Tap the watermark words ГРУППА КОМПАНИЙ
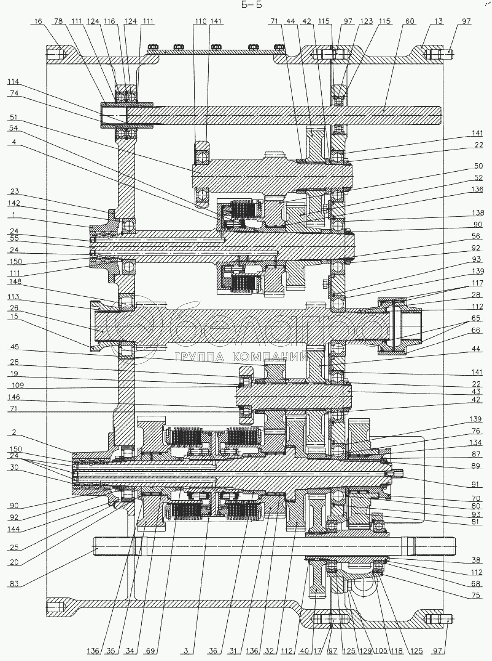pyautogui.click(x=241, y=357)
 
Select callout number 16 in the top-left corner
pyautogui.click(x=38, y=21)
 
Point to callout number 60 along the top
pyautogui.click(x=409, y=21)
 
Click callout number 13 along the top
pyautogui.click(x=438, y=21)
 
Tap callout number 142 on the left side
pyautogui.click(x=14, y=203)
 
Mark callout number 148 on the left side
pyautogui.click(x=14, y=282)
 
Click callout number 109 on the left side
pyautogui.click(x=17, y=385)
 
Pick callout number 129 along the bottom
pyautogui.click(x=365, y=651)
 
